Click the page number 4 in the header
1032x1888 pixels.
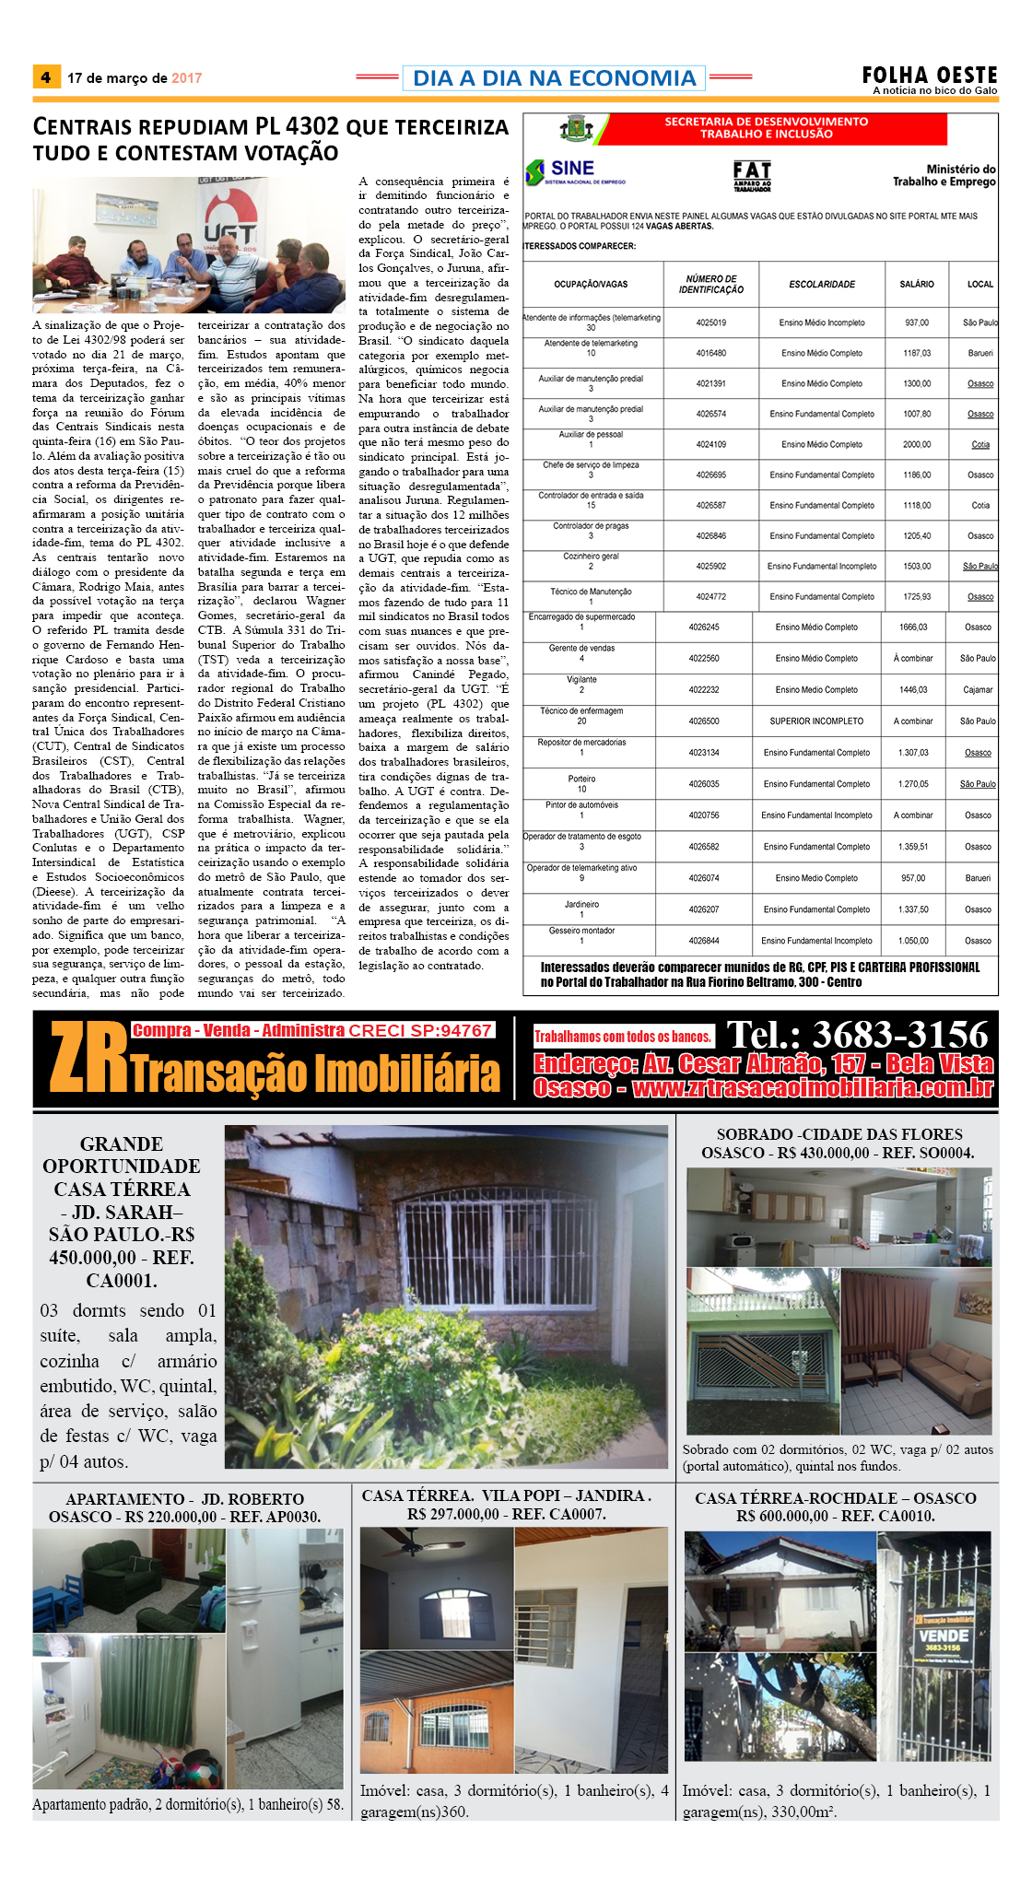click(45, 77)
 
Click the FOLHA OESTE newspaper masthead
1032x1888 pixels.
click(930, 75)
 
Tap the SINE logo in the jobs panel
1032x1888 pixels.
click(562, 170)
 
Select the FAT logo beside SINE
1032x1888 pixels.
click(752, 173)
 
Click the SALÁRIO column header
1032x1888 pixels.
click(917, 285)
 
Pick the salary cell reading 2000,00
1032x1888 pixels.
click(917, 444)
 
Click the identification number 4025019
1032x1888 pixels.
click(710, 322)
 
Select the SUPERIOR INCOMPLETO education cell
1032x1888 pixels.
click(816, 721)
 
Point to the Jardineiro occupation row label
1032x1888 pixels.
click(581, 904)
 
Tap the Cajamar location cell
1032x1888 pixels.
click(978, 690)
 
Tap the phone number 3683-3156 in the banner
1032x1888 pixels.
click(857, 1035)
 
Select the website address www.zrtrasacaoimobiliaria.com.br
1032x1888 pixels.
click(813, 1088)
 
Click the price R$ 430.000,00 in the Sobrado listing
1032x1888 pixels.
click(811, 1153)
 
